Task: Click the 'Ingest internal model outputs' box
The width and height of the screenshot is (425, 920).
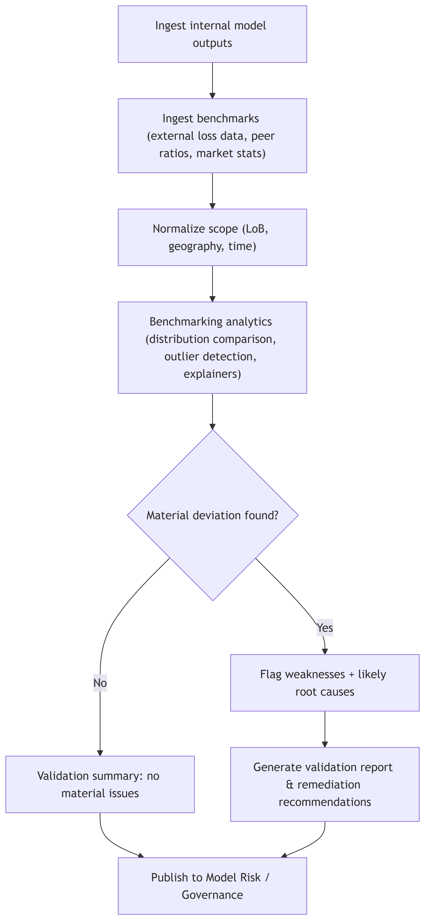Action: [x=212, y=34]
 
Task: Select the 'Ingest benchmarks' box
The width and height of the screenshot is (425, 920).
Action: [x=212, y=136]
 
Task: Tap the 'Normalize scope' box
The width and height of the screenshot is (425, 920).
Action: [x=212, y=237]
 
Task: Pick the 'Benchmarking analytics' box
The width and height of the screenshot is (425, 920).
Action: [x=212, y=347]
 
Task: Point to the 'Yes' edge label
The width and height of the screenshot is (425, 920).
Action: [x=325, y=628]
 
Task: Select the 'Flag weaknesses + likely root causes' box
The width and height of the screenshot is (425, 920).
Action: [x=325, y=683]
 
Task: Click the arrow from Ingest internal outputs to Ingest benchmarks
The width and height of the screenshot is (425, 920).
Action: [x=212, y=80]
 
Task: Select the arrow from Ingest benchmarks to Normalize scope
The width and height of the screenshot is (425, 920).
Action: [x=212, y=191]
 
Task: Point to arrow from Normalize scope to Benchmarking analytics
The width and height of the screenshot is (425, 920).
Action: [x=212, y=284]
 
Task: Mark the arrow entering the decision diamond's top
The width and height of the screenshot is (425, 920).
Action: [x=212, y=411]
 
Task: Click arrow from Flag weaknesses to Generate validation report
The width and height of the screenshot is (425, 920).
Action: [x=325, y=729]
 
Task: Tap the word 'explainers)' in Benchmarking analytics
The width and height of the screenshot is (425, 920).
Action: [x=212, y=374]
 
